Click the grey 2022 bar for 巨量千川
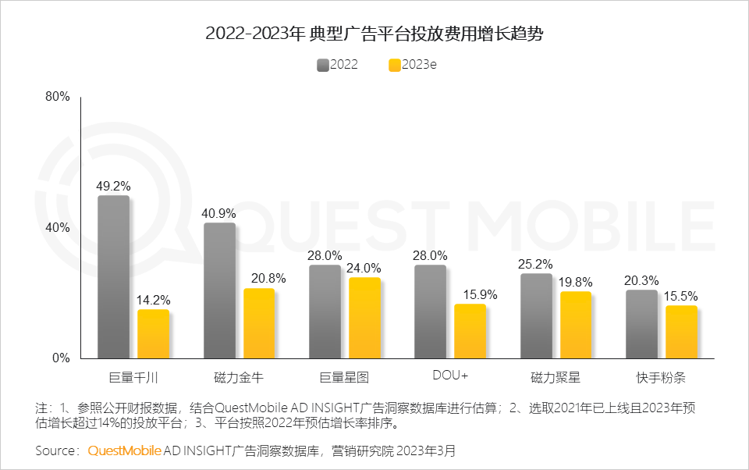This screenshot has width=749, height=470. (x=113, y=277)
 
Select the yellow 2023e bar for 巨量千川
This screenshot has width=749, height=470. (x=153, y=334)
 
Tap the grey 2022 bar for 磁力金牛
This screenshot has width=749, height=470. (x=219, y=290)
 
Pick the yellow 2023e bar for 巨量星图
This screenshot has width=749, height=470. (x=364, y=318)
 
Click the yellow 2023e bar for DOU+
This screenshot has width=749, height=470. (x=470, y=331)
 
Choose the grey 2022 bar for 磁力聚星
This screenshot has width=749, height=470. (x=536, y=316)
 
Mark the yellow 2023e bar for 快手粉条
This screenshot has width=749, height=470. (x=681, y=332)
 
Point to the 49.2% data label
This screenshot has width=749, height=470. (x=113, y=187)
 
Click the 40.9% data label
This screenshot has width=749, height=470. (x=219, y=213)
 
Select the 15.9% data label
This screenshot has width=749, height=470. (x=470, y=295)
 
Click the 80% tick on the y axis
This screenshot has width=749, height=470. (x=58, y=97)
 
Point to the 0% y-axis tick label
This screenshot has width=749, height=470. (x=61, y=358)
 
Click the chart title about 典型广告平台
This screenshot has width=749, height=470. (x=374, y=34)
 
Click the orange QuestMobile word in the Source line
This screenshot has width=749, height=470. (x=125, y=450)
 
